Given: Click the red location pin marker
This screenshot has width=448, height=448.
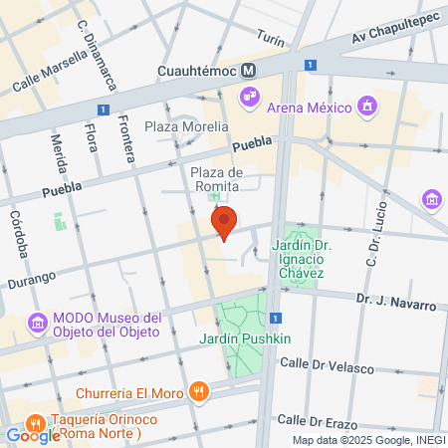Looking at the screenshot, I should (x=224, y=224).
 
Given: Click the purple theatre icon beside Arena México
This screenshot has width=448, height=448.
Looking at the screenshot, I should (x=248, y=97).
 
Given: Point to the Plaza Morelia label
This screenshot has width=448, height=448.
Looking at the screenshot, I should (x=186, y=126).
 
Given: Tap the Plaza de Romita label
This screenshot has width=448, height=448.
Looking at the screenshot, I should (x=217, y=179).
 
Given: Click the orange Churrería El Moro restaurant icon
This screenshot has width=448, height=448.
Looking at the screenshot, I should (x=200, y=392).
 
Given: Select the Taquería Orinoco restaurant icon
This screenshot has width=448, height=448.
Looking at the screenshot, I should (x=37, y=420).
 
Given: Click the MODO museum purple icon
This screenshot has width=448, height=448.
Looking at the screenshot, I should (x=38, y=323).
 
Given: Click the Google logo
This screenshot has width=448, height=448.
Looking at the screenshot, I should (x=33, y=435).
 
